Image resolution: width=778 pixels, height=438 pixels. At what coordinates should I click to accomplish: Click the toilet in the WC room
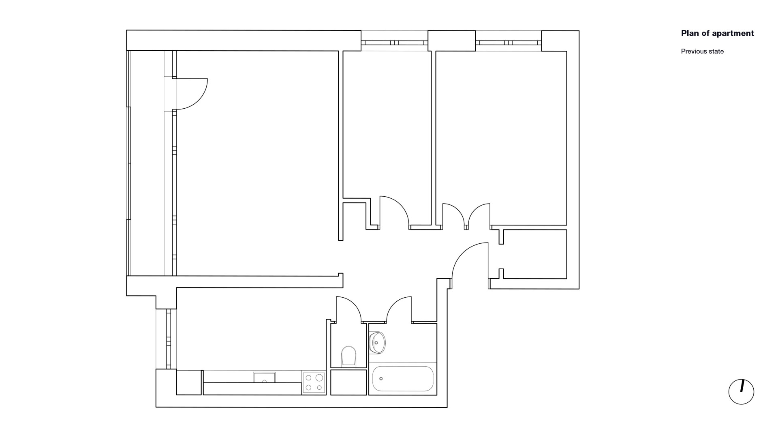tap(348, 356)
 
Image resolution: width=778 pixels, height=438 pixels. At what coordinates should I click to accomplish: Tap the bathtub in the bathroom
tap(403, 379)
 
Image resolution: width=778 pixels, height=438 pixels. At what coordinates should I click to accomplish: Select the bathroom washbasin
tap(377, 343)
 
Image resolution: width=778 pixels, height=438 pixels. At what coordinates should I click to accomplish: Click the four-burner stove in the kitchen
tap(314, 382)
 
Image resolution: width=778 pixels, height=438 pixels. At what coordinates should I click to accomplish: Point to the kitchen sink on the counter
tap(264, 377)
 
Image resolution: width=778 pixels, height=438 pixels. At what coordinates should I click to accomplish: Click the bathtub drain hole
tap(381, 379)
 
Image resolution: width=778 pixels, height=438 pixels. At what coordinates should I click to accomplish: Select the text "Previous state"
tap(702, 52)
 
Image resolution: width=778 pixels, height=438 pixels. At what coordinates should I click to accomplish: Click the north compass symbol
tap(741, 392)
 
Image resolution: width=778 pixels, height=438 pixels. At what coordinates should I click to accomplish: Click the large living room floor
tap(257, 162)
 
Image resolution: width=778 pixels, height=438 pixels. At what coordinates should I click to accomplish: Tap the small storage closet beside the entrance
tap(535, 254)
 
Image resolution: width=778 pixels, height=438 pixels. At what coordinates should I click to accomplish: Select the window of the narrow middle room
tap(394, 43)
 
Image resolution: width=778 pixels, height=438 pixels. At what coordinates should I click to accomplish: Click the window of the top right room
tap(509, 43)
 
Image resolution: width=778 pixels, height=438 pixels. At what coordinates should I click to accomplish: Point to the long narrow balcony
tap(147, 163)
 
